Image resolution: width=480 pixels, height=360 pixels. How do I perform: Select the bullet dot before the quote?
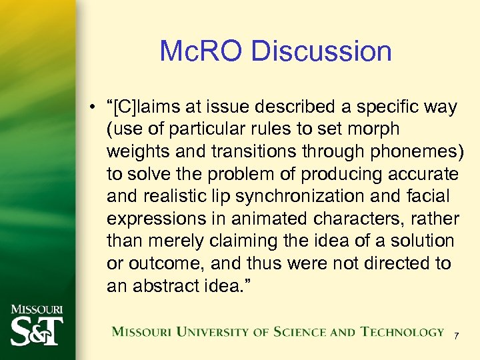(x=96, y=108)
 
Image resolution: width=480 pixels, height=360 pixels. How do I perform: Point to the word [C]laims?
(x=151, y=107)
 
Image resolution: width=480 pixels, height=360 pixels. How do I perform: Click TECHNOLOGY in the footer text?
(x=402, y=332)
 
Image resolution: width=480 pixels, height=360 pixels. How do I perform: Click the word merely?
(x=175, y=241)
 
